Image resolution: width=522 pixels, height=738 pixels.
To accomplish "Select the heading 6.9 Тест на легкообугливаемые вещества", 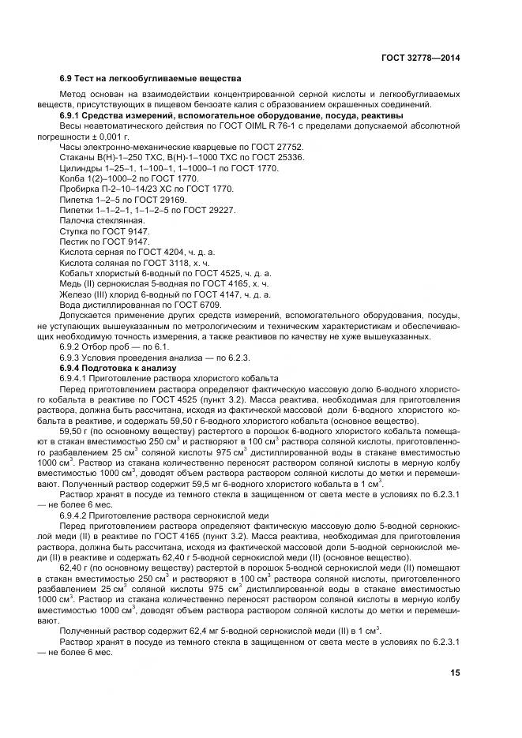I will tap(151, 79).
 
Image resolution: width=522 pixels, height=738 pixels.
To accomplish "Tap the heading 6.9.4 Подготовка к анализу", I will tap(118, 369).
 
